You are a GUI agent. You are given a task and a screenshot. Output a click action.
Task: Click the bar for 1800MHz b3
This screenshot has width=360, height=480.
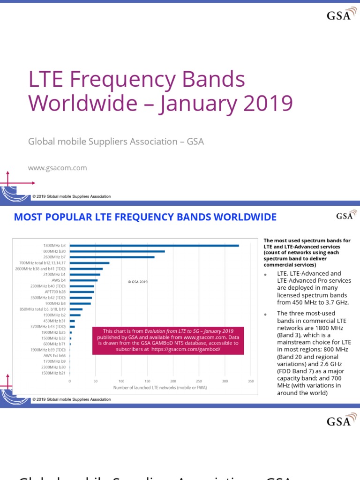[x=154, y=245]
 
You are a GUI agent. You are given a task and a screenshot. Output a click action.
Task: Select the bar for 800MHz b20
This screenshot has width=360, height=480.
[x=117, y=251]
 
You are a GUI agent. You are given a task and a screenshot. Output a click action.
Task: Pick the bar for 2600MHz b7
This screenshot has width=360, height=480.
[x=112, y=257]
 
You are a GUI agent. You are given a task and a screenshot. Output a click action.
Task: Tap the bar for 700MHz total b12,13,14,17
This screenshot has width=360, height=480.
[x=90, y=263]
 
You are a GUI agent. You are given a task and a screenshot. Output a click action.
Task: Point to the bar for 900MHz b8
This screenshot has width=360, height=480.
[x=80, y=303]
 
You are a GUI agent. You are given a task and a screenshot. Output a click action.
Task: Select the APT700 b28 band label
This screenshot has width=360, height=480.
[x=56, y=292]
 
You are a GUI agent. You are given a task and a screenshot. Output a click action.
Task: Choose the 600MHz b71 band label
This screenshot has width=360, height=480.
[x=55, y=344]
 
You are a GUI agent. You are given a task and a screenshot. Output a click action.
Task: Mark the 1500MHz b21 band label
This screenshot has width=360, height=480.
[x=54, y=373]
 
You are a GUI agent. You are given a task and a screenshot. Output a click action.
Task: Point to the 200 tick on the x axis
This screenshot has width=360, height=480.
[x=173, y=381]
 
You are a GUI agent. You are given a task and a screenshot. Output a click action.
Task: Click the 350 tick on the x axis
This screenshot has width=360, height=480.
[x=251, y=381]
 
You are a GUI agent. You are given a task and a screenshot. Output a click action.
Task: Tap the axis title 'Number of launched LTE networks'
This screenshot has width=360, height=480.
[x=160, y=388]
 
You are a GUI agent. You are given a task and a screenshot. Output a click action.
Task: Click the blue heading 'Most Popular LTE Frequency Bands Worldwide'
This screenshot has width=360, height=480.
[x=145, y=217]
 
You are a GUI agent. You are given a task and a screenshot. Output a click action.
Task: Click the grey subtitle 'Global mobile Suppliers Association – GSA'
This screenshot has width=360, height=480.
[x=116, y=141]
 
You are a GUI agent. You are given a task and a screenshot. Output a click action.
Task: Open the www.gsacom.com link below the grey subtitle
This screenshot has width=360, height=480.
[x=58, y=168]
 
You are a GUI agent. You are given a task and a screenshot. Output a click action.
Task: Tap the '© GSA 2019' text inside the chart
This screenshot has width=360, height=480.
[x=137, y=282]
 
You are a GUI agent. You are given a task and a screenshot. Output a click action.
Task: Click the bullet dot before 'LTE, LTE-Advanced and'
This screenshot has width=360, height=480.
[x=265, y=274]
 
